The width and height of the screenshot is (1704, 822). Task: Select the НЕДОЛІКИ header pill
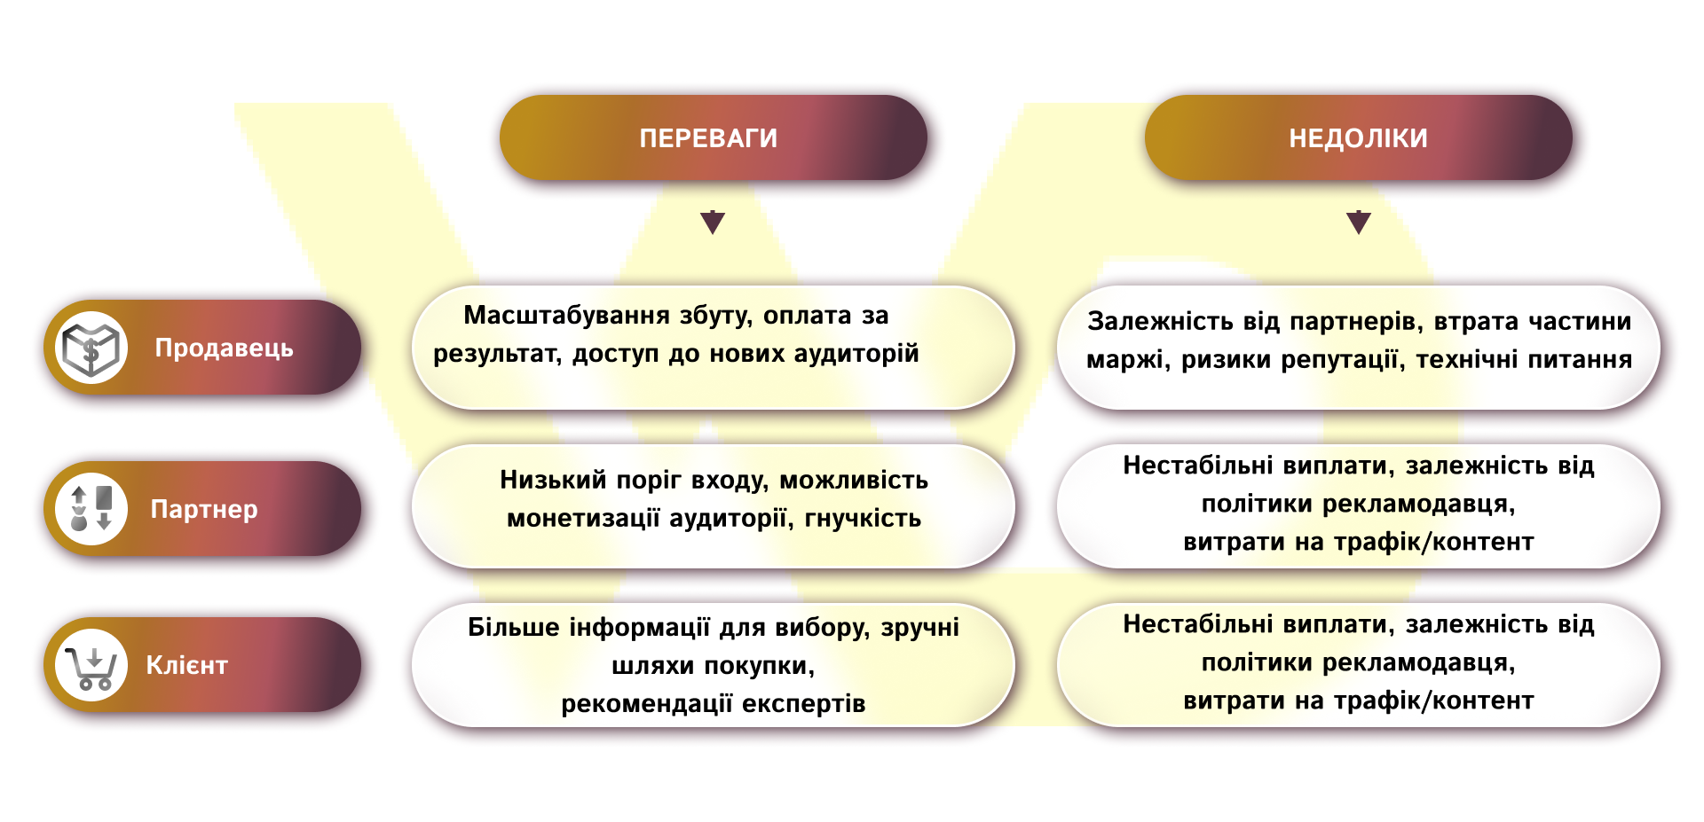coord(1358,138)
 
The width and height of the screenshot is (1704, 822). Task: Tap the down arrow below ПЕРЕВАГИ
coord(713,222)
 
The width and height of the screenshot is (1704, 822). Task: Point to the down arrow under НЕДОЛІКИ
coord(1359,222)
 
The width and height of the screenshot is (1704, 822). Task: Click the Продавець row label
coord(224,348)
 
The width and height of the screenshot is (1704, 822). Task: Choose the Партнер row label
coord(204,509)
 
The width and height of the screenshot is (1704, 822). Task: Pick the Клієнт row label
coord(187,665)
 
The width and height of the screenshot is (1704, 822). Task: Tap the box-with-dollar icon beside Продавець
coord(91,348)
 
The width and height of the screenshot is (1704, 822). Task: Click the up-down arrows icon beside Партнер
coord(91,508)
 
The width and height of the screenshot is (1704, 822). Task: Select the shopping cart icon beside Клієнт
coord(91,665)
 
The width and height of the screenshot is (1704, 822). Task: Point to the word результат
coord(496,355)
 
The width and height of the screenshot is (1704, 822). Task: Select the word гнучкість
coord(863,518)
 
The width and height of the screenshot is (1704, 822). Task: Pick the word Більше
coord(514,627)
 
